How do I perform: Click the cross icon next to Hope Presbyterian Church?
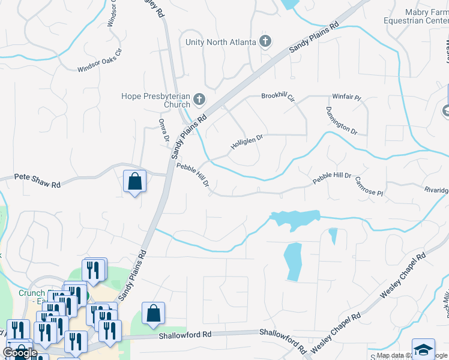(199, 100)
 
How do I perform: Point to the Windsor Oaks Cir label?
(99, 61)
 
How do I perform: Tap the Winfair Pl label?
(347, 97)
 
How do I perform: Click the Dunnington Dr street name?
(342, 121)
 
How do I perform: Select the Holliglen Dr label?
(247, 142)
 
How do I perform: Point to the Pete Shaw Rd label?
(37, 181)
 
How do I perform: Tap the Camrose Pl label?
(369, 185)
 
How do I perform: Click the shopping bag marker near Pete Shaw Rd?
(134, 181)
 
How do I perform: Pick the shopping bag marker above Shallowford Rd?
(154, 313)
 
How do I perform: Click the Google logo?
(20, 352)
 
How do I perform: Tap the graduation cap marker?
(423, 350)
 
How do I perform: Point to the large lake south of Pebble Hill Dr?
(294, 219)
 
